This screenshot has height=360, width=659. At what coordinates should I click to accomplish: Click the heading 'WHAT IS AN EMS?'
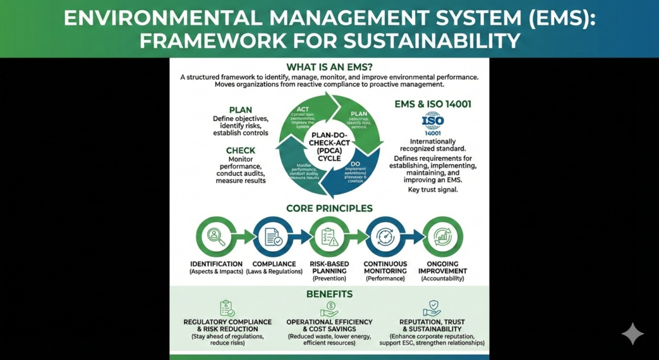pos(329,66)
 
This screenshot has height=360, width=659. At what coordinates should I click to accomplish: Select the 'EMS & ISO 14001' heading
pos(433,103)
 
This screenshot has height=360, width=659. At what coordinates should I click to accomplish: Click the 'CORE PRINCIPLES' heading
pos(329,209)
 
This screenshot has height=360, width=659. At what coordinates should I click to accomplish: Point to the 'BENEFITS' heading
pos(329,294)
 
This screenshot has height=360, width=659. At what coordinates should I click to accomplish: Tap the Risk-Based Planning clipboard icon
pos(329,237)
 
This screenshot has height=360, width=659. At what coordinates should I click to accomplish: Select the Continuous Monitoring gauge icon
pos(385,237)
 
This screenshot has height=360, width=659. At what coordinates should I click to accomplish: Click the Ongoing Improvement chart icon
pos(442,237)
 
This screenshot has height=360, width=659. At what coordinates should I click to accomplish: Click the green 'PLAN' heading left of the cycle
pos(241,110)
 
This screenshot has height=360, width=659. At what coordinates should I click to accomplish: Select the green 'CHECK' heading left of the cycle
pos(241,151)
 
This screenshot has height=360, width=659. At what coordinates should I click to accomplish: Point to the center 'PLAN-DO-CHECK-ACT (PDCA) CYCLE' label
pos(329,146)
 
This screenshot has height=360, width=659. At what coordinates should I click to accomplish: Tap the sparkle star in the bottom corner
pos(632,334)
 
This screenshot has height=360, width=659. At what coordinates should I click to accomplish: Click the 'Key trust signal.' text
pos(433,190)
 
